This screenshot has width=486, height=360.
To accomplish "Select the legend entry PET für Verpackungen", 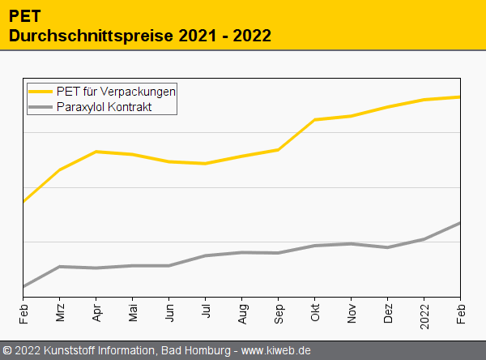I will tap(116, 91).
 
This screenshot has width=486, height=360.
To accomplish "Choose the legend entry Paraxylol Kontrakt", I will tap(104, 106).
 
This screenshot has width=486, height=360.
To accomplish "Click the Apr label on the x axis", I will tap(96, 313).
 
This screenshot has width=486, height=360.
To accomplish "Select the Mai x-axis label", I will tap(133, 313).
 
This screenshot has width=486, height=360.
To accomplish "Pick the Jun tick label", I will tap(169, 313).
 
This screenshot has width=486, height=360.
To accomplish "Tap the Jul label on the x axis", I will tap(206, 311).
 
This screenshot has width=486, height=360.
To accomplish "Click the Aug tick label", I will tap(242, 313).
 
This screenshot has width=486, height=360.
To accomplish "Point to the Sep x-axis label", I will tap(279, 313).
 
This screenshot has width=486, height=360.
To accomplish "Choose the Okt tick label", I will tap(315, 312).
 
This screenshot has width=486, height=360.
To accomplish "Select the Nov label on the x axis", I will tap(352, 313).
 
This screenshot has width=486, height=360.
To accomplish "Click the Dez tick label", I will tap(388, 313).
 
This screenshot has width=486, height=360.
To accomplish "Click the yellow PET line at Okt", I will tap(315, 120).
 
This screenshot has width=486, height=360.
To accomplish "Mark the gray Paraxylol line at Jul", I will tap(206, 255).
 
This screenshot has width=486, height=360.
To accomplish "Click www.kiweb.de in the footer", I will tap(276, 350).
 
